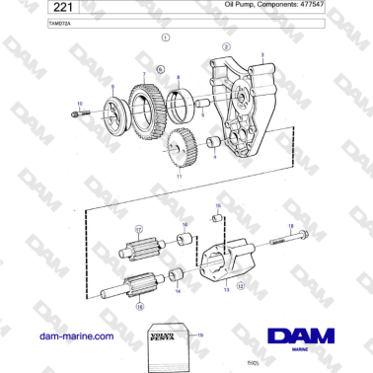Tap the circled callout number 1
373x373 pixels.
click(x=165, y=36)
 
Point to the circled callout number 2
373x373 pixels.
click(x=227, y=46)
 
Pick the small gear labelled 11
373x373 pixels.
click(x=179, y=150)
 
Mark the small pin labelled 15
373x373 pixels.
click(x=219, y=219)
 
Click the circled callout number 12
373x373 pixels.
click(x=240, y=284)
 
